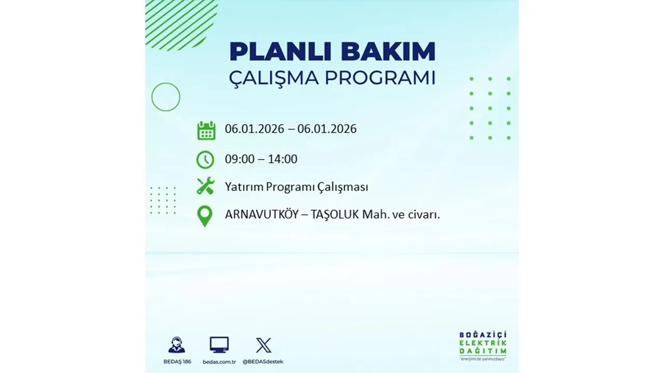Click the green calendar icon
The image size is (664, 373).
point(206,130)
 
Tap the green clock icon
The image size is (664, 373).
point(205,160)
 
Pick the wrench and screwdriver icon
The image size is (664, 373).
point(205,186)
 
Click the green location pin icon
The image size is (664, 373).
point(205,216)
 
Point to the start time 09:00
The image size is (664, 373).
point(240,159)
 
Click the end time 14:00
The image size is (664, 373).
point(283,159)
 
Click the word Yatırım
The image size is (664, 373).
point(244,187)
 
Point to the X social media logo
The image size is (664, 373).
point(264,345)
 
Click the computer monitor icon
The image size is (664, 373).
point(219,345)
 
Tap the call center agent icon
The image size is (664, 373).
point(176,345)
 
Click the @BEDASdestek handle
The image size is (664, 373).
point(263,362)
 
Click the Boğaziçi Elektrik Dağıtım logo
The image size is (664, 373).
point(483,345)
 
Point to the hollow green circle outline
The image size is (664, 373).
point(166,97)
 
